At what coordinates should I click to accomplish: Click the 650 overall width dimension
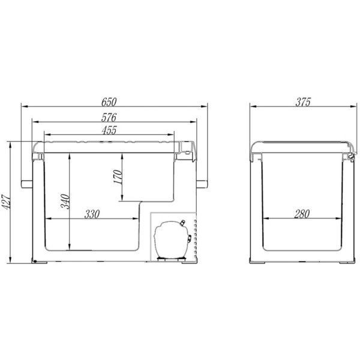109,102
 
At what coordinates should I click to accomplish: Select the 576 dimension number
109,118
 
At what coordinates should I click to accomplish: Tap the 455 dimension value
109,130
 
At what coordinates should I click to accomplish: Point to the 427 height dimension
5,202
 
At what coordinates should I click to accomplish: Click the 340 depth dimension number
65,202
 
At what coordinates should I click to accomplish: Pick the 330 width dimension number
92,214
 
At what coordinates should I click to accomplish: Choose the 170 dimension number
118,177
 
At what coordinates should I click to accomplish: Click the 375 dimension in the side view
303,102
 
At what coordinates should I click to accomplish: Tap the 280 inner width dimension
302,214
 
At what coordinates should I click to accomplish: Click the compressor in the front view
172,239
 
